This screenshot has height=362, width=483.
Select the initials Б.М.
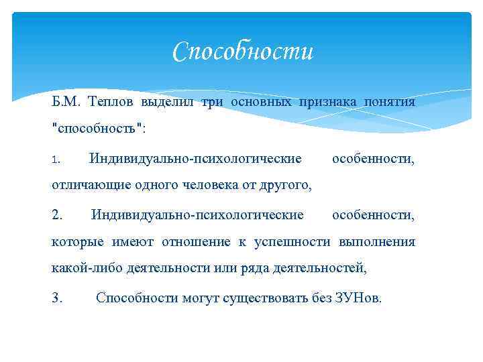[x=65, y=102]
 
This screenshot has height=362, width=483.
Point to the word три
[x=210, y=102]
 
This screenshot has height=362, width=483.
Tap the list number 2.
[x=57, y=215]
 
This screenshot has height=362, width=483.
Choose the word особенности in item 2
[x=374, y=215]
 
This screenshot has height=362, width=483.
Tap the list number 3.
[x=57, y=298]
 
